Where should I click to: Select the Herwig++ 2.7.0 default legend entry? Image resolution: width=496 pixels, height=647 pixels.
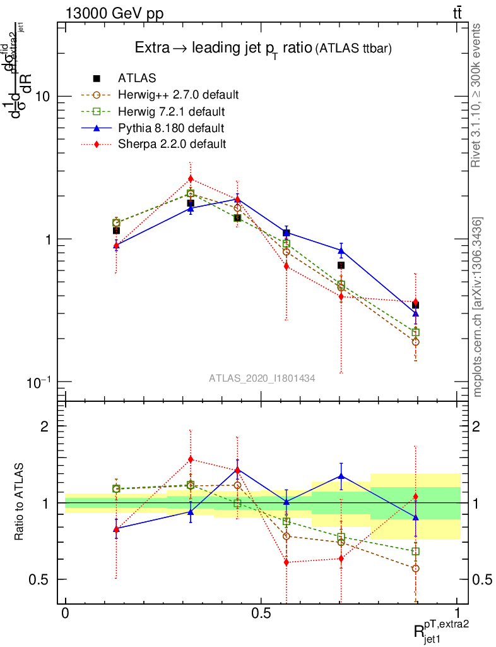178,95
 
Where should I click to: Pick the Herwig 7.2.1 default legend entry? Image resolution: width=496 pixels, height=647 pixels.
171,112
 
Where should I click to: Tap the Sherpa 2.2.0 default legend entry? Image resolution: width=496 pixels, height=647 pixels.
172,144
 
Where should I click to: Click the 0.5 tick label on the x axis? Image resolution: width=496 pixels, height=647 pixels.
261,614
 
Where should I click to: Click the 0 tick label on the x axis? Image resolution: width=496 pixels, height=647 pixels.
65,614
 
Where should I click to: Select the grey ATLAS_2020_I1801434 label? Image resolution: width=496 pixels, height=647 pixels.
262,377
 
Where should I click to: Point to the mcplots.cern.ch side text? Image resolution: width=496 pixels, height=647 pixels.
478,307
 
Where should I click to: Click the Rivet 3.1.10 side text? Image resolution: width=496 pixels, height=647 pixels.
478,95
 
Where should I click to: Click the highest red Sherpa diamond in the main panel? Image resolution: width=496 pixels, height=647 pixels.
191,179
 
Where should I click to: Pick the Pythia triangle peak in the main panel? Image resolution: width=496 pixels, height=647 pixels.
237,199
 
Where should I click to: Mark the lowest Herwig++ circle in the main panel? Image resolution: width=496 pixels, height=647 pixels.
415,342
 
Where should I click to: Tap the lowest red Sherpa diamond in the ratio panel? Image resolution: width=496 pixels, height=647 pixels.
286,562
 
